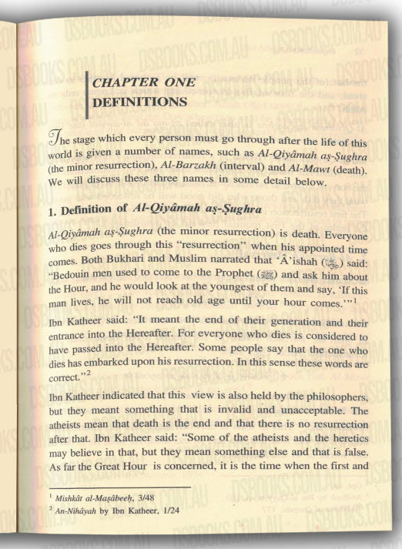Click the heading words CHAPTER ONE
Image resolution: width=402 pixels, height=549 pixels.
[143, 82]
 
